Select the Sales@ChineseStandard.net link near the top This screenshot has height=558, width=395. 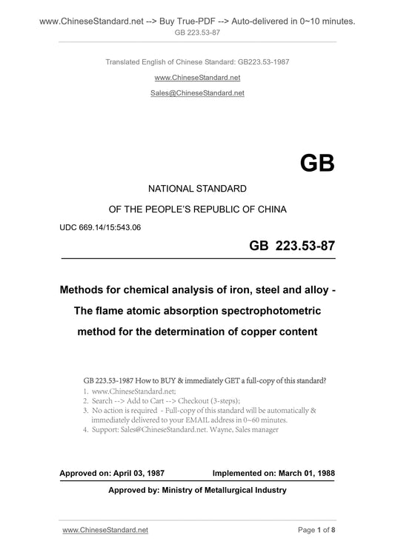(x=197, y=94)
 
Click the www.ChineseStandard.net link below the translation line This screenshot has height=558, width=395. (x=197, y=77)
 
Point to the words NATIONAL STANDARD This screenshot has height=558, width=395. (x=197, y=189)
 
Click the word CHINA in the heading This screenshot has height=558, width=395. (x=265, y=209)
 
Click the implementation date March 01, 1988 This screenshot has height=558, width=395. (x=306, y=471)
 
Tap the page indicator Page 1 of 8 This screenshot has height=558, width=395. (x=316, y=530)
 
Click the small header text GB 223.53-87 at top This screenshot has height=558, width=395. (x=197, y=33)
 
